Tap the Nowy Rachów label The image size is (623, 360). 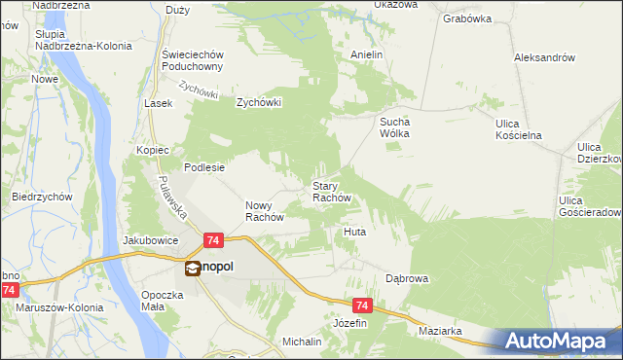pos(263,211)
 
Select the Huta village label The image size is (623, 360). pos(354,233)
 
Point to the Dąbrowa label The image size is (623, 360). pos(407,278)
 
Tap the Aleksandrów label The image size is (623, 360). pos(544,57)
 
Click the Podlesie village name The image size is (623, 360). pos(205,166)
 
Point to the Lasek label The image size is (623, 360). pos(158,103)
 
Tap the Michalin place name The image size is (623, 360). pos(302,342)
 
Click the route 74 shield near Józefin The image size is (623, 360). pos(363,305)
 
